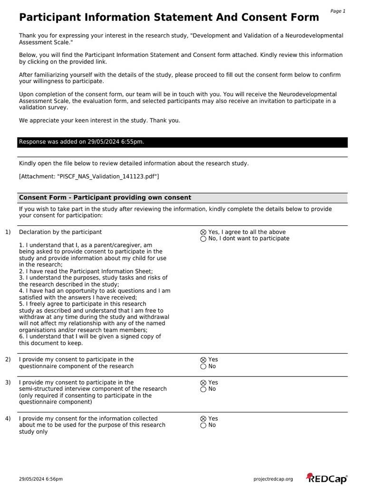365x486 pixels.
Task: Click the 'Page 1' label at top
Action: click(x=338, y=11)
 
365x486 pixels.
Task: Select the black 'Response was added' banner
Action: click(x=182, y=142)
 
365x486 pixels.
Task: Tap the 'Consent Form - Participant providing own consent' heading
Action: click(x=105, y=197)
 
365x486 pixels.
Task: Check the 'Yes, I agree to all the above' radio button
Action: click(x=203, y=233)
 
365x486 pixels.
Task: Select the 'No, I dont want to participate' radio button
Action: click(x=203, y=239)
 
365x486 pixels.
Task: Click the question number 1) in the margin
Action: click(x=8, y=232)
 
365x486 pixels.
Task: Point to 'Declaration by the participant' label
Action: click(x=60, y=232)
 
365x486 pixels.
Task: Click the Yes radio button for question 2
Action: click(x=203, y=360)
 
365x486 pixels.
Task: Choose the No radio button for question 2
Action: click(x=203, y=366)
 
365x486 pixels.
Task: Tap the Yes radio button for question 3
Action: click(x=203, y=383)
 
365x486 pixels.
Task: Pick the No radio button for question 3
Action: click(x=203, y=389)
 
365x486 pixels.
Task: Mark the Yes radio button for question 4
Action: click(x=203, y=419)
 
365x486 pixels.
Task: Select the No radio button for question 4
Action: click(x=203, y=425)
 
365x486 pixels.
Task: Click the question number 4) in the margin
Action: click(x=8, y=419)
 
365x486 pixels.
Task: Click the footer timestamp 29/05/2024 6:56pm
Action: click(x=41, y=479)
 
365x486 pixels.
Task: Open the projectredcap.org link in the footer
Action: click(x=274, y=479)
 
